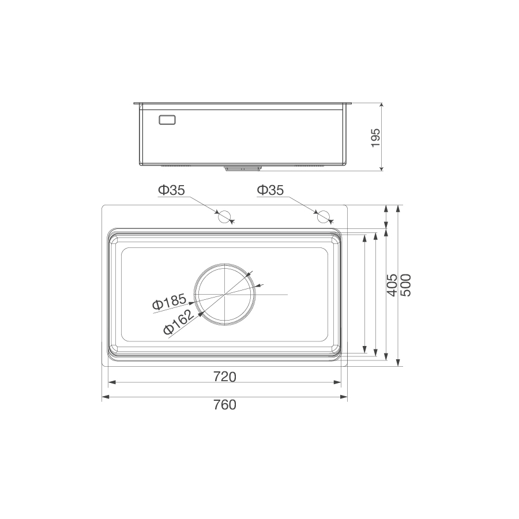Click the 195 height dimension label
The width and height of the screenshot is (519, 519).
tap(375, 138)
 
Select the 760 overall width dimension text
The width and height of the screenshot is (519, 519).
tap(225, 405)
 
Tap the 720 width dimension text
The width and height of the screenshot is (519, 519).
tap(225, 377)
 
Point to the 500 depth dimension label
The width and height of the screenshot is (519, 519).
tap(405, 285)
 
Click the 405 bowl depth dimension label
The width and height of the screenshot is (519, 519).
tap(392, 285)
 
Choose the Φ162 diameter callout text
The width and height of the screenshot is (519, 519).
tap(179, 322)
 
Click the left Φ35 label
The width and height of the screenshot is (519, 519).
tap(171, 190)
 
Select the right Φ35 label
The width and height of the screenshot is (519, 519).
tap(270, 190)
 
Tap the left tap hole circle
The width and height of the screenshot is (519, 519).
tap(224, 217)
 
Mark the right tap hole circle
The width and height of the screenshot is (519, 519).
tap(324, 217)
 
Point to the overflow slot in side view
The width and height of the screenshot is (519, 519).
tap(167, 120)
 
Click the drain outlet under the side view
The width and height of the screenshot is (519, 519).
tap(242, 168)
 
